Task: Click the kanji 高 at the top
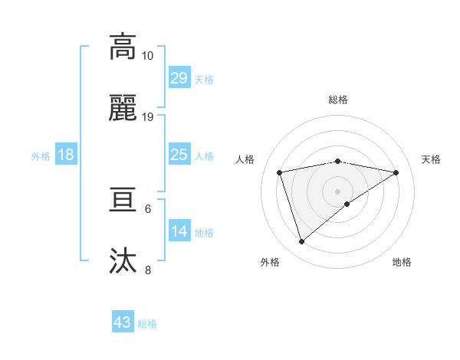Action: (x=123, y=47)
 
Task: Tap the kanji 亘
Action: (x=123, y=201)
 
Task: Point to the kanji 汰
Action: (x=123, y=260)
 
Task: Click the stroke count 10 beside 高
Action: (x=148, y=56)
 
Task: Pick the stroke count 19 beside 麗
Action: (x=148, y=116)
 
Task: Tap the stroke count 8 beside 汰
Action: (x=148, y=270)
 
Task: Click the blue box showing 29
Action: (x=179, y=78)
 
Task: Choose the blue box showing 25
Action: (x=179, y=155)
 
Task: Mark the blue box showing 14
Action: (x=179, y=231)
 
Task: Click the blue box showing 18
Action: (x=66, y=155)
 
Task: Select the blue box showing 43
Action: (x=123, y=322)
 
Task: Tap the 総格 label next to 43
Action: (x=147, y=324)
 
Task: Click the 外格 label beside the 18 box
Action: (x=41, y=156)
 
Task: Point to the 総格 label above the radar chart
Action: (x=338, y=100)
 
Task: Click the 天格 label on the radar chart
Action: (x=431, y=159)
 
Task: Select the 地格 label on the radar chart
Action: (x=402, y=262)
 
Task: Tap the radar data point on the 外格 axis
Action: (x=302, y=242)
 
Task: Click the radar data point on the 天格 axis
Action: (x=396, y=172)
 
